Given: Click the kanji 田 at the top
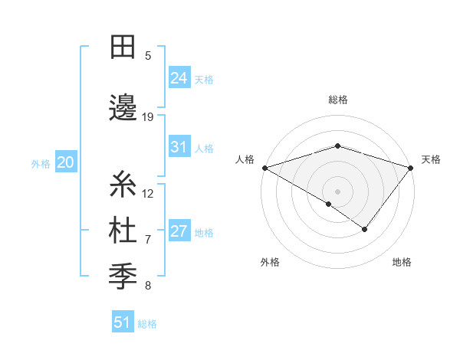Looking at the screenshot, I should (x=123, y=47).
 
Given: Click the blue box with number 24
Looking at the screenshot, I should (x=179, y=78).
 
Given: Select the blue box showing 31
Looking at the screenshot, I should (x=179, y=148).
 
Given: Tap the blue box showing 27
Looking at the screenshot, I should (x=179, y=232).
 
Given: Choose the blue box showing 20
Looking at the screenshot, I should (x=65, y=162).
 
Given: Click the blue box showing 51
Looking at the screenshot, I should (x=123, y=322).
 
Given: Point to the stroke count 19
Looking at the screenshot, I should (x=148, y=117).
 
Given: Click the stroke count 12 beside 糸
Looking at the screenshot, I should (x=148, y=194).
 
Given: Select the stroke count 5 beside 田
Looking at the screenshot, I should (x=148, y=56).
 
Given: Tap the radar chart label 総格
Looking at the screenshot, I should (x=337, y=100).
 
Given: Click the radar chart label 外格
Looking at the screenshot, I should (x=270, y=263).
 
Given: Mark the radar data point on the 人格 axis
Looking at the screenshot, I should (x=264, y=168).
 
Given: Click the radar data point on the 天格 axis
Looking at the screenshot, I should (x=411, y=168).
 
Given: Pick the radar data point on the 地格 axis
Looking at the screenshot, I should (x=365, y=229).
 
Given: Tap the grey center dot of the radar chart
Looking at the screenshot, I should (x=337, y=191).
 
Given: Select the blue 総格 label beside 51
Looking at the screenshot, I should (x=147, y=324).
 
